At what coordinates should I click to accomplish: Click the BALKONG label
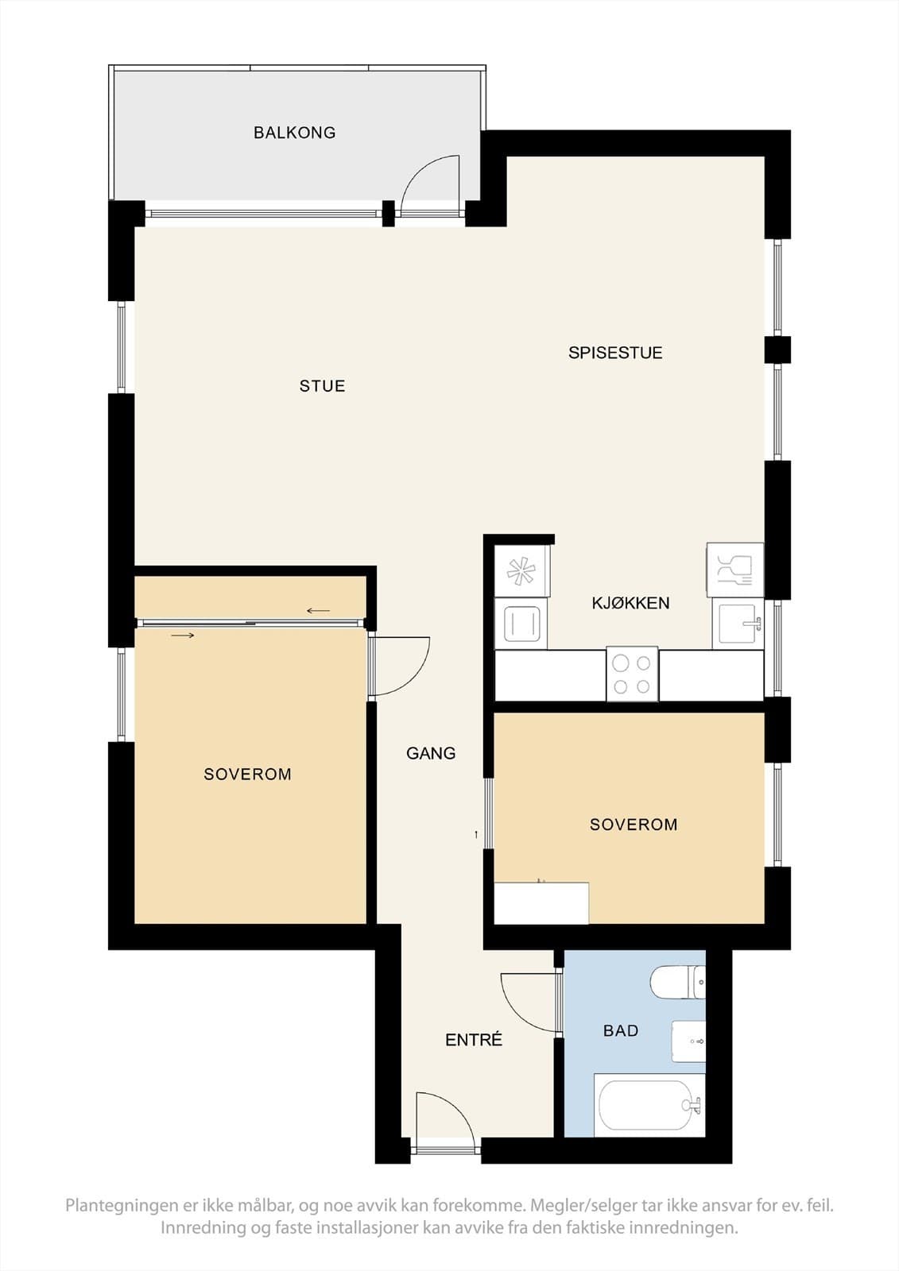click(294, 133)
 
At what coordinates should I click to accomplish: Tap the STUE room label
click(322, 386)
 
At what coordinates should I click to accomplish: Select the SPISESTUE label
click(615, 353)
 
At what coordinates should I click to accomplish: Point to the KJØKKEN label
click(630, 603)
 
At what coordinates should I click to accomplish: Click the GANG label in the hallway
click(431, 753)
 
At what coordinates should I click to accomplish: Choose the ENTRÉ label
click(474, 1040)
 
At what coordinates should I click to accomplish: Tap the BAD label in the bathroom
click(620, 1030)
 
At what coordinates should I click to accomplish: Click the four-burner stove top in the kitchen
click(632, 674)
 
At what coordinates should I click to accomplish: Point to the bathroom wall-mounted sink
click(688, 1041)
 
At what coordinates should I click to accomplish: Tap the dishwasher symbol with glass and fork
click(735, 570)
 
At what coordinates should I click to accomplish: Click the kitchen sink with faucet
click(738, 624)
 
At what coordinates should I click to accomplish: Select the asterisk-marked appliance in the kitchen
click(522, 571)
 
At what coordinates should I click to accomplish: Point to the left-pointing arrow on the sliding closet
click(318, 611)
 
